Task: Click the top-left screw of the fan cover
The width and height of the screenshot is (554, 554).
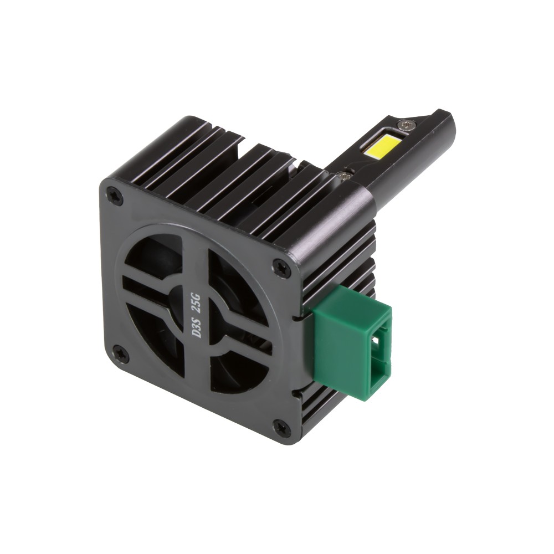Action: [114, 195]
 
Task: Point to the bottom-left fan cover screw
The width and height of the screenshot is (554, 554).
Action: [120, 352]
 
